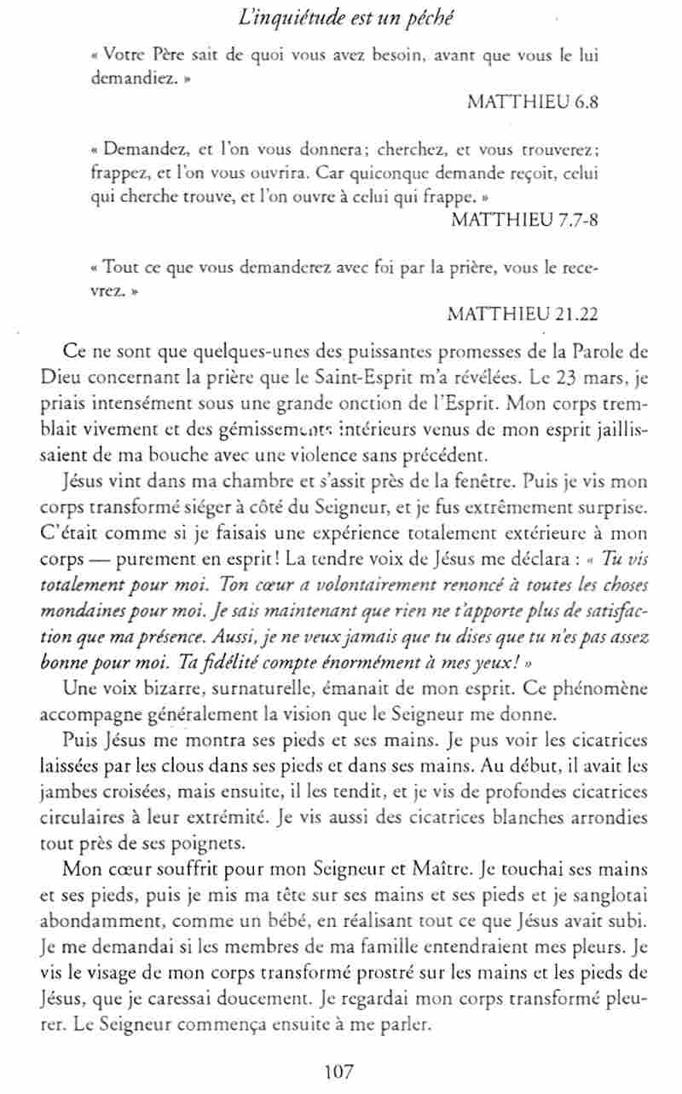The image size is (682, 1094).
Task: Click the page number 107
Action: pyautogui.click(x=338, y=1071)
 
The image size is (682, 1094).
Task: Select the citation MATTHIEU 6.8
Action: pyautogui.click(x=533, y=101)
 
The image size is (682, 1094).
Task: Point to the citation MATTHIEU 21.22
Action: pyautogui.click(x=522, y=313)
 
